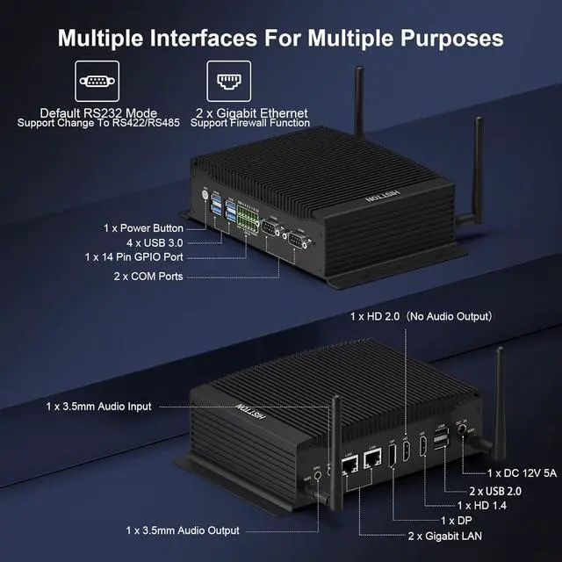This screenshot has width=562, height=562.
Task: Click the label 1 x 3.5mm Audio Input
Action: click(x=99, y=407)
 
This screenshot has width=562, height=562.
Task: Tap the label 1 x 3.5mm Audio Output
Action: click(x=183, y=530)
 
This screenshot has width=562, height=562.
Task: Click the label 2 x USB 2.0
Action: click(x=495, y=490)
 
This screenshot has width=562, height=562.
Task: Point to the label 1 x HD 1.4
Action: click(x=482, y=505)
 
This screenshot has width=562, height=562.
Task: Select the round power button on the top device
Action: click(x=205, y=193)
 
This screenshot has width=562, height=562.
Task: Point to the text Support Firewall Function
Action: click(x=250, y=123)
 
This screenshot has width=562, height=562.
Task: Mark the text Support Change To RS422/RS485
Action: click(x=98, y=123)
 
